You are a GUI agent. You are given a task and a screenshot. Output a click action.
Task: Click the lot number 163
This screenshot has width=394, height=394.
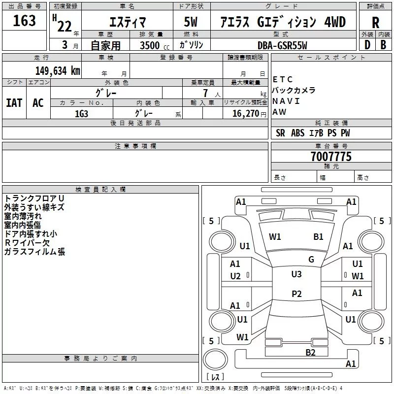[25, 21]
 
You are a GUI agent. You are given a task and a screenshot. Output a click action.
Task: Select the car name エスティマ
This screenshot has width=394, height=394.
[126, 22]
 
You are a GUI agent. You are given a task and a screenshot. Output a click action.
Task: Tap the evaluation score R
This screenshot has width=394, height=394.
[376, 23]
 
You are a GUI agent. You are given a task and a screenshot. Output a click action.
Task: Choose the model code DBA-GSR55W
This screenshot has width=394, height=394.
[282, 46]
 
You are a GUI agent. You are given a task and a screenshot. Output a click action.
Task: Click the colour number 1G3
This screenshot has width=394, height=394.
[81, 113]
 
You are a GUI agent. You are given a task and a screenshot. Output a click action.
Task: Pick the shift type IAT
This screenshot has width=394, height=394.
[14, 103]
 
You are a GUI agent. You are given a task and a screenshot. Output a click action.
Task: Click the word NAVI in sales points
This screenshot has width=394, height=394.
[286, 101]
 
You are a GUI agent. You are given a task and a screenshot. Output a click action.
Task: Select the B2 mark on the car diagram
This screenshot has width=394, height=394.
[310, 352]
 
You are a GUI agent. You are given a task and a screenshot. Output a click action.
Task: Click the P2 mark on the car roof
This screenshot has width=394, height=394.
[296, 294]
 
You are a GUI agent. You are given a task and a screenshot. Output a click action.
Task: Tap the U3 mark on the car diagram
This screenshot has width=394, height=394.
[296, 274]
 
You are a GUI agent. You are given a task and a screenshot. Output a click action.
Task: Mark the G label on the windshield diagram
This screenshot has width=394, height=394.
[311, 260]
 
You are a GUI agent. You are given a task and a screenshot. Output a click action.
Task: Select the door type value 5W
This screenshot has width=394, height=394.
[192, 22]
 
